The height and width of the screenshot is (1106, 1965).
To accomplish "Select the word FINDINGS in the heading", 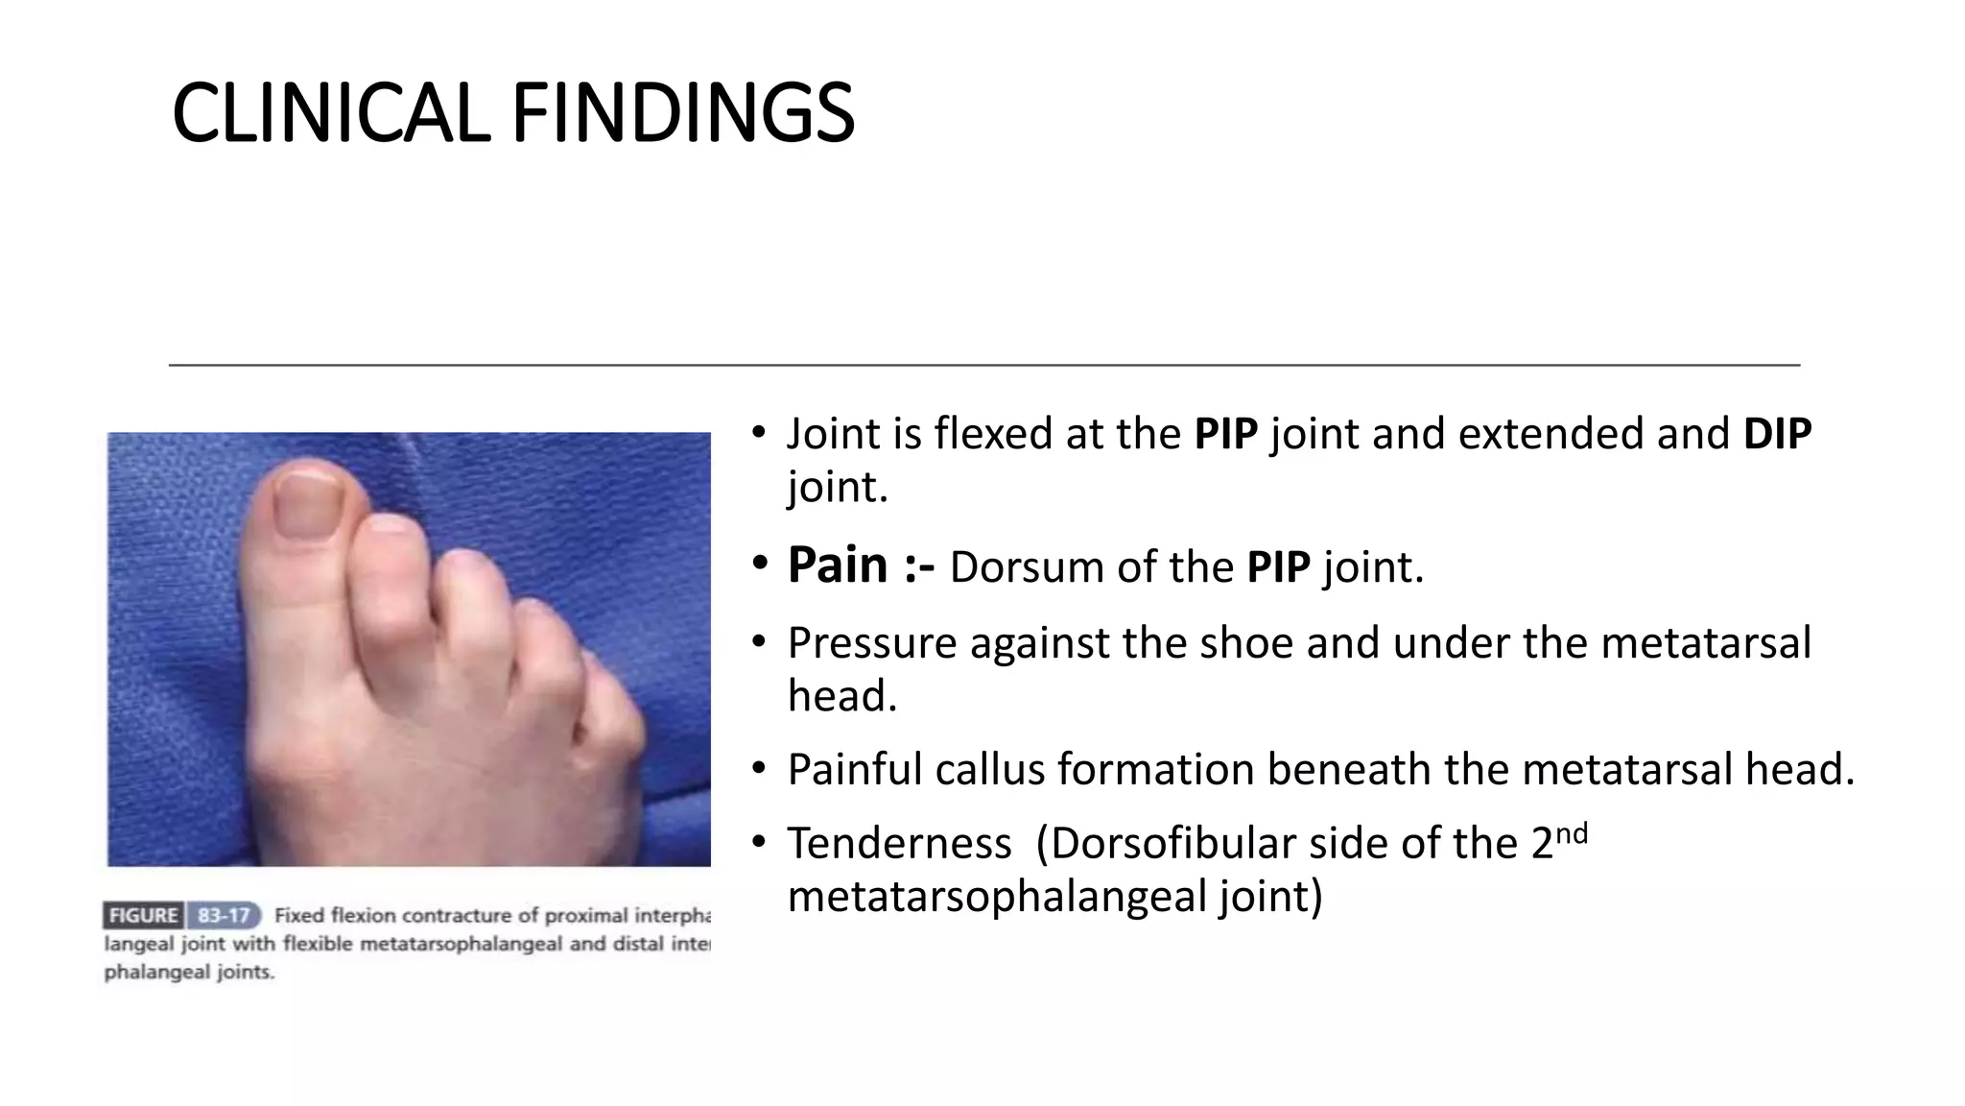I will click(x=682, y=113).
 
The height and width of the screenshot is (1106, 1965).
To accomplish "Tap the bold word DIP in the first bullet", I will click(x=1777, y=434).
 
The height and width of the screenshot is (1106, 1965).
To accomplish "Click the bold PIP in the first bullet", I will click(x=1225, y=434).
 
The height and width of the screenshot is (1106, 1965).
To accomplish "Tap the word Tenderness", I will click(x=899, y=844).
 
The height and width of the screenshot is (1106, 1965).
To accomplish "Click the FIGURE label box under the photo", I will click(x=143, y=915).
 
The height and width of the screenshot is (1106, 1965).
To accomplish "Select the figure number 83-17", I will click(x=223, y=915).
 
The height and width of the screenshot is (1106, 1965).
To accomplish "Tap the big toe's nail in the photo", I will click(x=305, y=504).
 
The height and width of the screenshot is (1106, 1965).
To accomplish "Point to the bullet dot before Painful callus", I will click(x=759, y=769).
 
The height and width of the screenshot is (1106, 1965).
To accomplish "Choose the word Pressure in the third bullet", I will click(x=871, y=642).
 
